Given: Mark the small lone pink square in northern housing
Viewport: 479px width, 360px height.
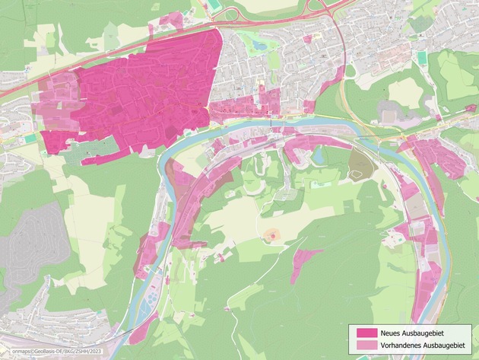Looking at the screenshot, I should [x=307, y=38].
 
